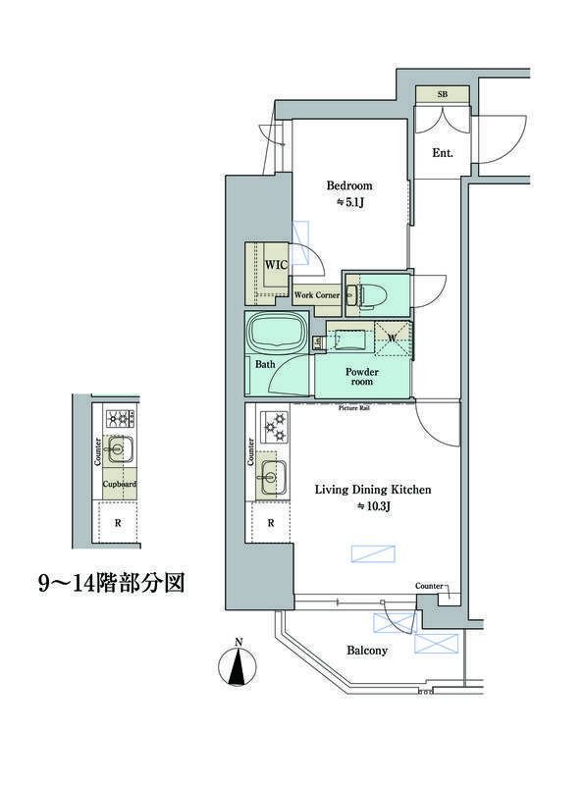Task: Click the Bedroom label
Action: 349,185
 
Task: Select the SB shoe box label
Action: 442,93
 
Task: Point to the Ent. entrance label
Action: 443,152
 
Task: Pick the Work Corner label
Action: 317,294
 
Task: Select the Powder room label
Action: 362,377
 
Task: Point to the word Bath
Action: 264,365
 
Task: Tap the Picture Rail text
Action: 353,406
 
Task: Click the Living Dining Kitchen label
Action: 373,489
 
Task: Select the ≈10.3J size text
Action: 373,506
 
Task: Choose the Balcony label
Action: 367,650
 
